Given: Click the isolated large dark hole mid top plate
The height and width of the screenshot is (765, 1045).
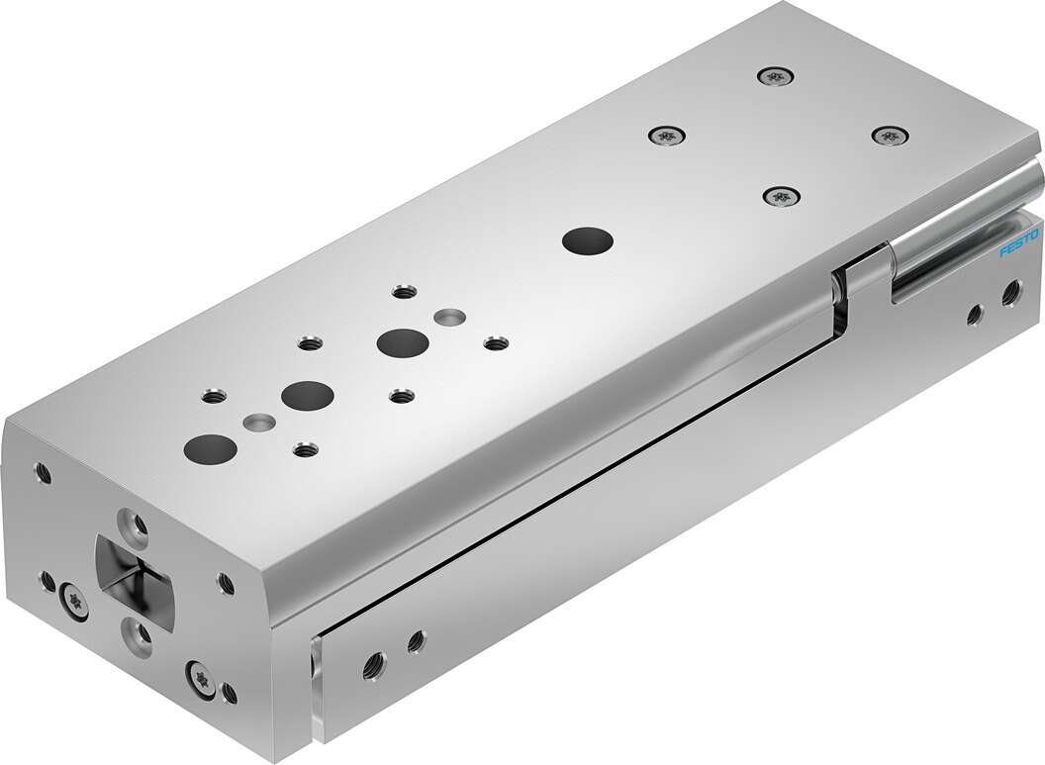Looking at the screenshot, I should click(585, 240).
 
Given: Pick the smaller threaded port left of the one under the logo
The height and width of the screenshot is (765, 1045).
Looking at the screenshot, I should click(973, 316).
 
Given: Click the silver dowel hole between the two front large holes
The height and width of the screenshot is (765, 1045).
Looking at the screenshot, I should click(258, 422).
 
